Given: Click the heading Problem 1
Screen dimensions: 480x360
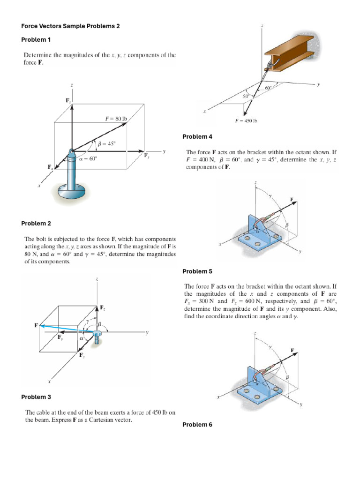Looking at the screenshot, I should pyautogui.click(x=36, y=39).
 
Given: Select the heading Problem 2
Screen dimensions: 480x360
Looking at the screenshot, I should pyautogui.click(x=36, y=223).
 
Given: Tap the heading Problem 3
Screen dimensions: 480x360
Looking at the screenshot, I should pyautogui.click(x=36, y=397).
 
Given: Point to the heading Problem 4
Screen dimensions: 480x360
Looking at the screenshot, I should pyautogui.click(x=197, y=136).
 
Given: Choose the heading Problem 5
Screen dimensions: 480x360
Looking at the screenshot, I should pyautogui.click(x=197, y=271).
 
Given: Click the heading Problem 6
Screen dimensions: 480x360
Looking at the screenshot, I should pyautogui.click(x=197, y=425).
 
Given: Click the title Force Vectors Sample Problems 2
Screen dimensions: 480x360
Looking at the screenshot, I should pyautogui.click(x=70, y=26).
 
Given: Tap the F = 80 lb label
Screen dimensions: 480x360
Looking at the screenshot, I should pyautogui.click(x=116, y=119).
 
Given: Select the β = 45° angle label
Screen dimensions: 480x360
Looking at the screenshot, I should pyautogui.click(x=106, y=144).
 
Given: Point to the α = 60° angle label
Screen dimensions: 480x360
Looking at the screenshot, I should pyautogui.click(x=88, y=158).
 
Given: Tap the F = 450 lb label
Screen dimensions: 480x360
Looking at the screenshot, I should pyautogui.click(x=246, y=121).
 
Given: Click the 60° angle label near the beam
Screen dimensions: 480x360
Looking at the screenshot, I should pyautogui.click(x=268, y=88).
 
